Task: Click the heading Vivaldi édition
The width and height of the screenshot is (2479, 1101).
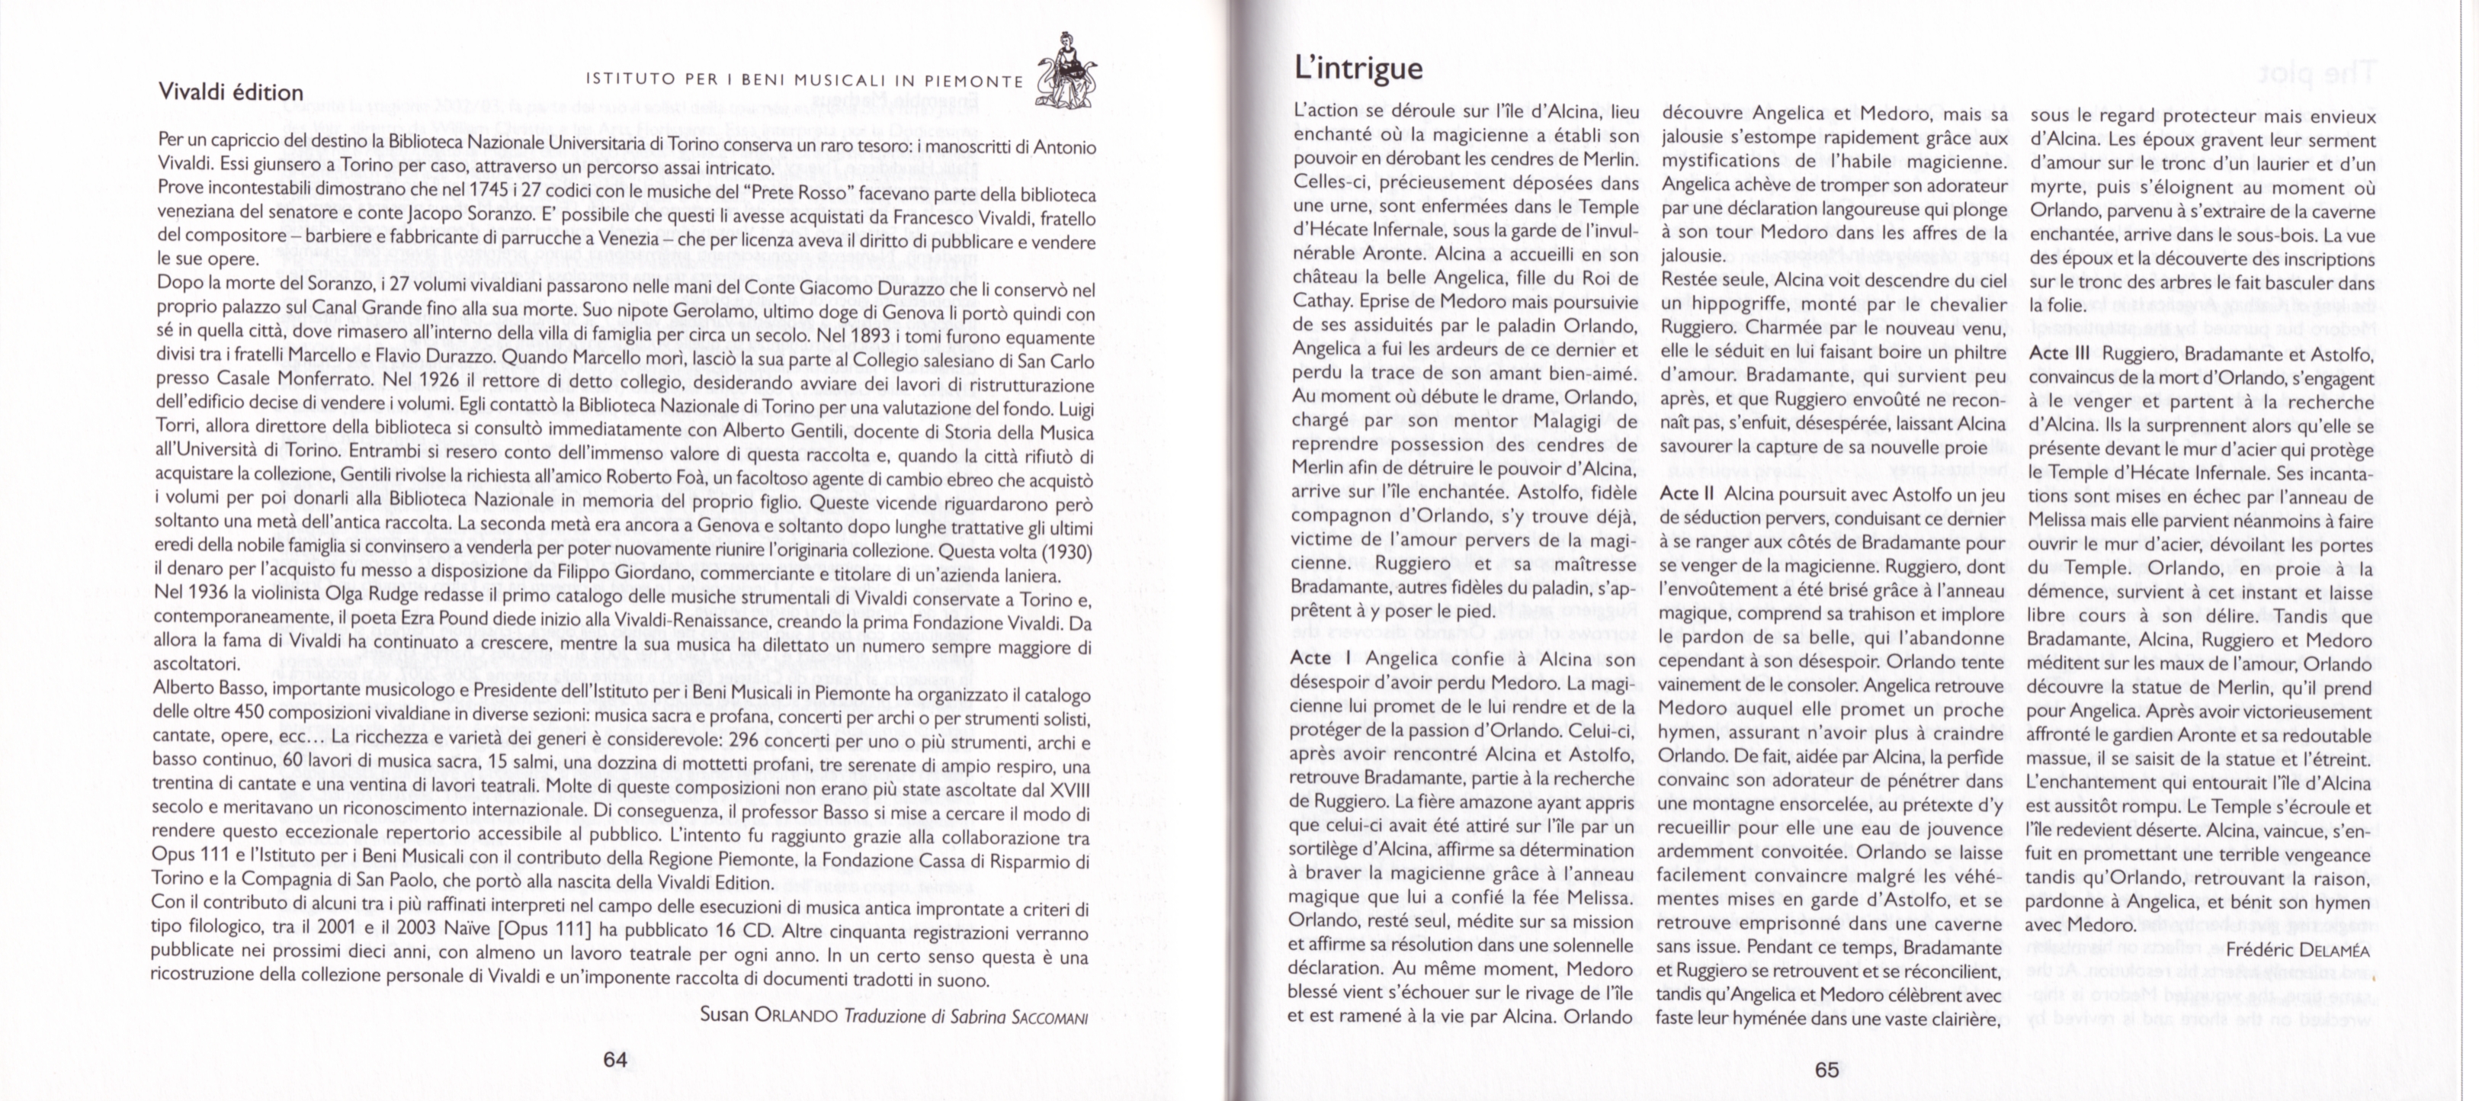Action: coord(230,92)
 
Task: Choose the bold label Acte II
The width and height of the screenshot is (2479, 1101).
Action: coord(1690,493)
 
